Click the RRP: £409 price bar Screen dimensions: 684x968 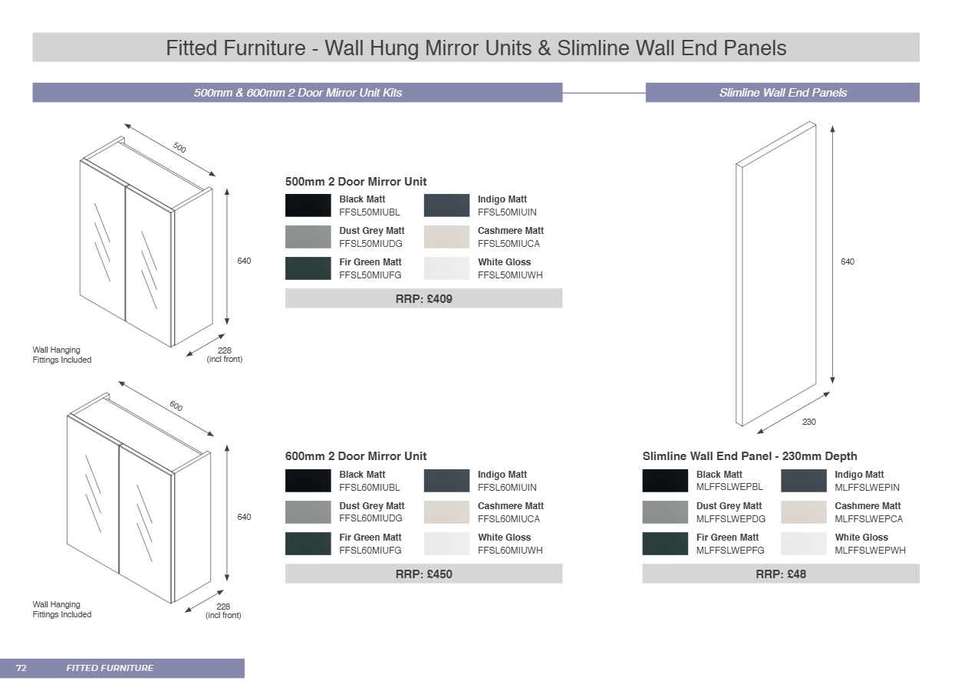(x=423, y=298)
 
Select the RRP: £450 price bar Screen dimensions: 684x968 (x=423, y=574)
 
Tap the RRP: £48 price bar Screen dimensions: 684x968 (x=780, y=574)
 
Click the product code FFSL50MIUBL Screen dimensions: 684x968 (x=370, y=212)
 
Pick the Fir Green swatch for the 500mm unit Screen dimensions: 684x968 (x=308, y=268)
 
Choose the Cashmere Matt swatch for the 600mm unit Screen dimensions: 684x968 (x=446, y=512)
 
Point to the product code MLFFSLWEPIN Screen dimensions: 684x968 (x=867, y=488)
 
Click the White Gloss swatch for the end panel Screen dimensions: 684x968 (x=803, y=544)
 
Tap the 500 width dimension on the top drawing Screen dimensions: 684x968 (x=179, y=147)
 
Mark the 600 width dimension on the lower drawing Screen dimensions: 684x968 (x=176, y=406)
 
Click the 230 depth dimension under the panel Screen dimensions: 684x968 (x=809, y=423)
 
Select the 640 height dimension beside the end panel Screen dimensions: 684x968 (x=847, y=262)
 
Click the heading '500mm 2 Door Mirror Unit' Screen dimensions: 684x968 (x=356, y=182)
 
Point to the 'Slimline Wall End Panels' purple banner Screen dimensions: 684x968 (x=782, y=93)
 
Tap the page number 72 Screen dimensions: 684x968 (x=21, y=668)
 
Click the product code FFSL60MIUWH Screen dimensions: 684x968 (x=510, y=551)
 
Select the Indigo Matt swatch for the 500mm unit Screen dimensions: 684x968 (x=446, y=206)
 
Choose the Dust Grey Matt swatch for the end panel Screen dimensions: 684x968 (x=664, y=512)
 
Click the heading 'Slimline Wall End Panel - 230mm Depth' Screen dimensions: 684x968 (x=749, y=456)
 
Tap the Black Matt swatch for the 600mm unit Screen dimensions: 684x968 (x=308, y=481)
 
